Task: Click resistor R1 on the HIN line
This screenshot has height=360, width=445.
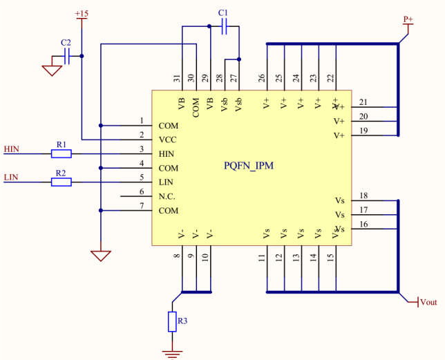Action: tap(61, 153)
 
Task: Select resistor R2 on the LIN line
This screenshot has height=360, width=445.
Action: tap(61, 182)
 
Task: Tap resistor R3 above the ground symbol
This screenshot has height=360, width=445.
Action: tap(173, 322)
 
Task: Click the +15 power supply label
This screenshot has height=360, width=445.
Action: tap(81, 14)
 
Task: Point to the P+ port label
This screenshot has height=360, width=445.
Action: tap(408, 19)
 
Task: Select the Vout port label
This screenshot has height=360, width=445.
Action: tap(428, 302)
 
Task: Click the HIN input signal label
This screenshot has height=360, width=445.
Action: tap(12, 149)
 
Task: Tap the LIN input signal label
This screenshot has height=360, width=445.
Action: tap(11, 178)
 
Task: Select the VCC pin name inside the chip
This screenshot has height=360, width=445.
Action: tap(168, 140)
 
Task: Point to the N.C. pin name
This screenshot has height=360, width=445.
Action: tap(168, 196)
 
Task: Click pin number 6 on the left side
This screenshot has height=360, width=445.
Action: tap(142, 191)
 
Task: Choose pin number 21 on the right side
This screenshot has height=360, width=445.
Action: tap(363, 102)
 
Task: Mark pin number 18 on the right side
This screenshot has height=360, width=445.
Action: tap(363, 196)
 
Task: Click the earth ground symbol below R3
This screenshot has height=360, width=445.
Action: tap(173, 354)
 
